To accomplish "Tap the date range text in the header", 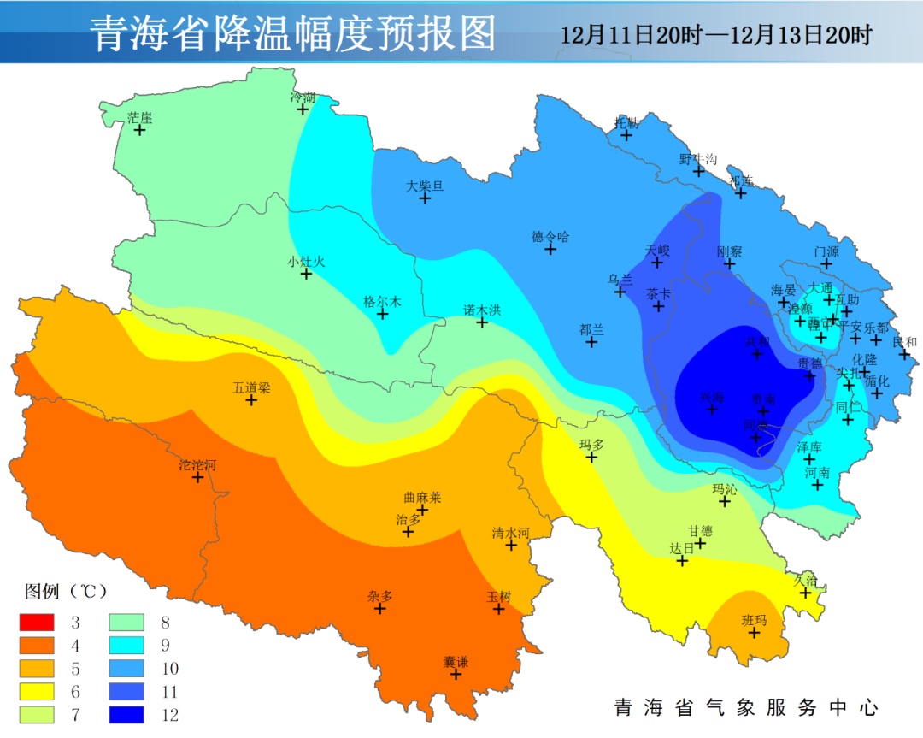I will click(716, 35).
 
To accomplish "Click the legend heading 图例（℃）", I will click(65, 591).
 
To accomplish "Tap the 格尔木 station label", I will click(382, 302).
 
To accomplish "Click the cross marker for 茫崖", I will click(140, 130).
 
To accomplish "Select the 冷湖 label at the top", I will click(303, 97).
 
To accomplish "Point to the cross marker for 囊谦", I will click(456, 674).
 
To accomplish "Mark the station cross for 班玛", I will click(755, 632).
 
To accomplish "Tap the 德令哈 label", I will click(550, 237).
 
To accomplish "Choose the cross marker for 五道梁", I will click(251, 399).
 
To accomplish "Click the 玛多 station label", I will click(591, 446).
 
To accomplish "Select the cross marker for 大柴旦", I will click(425, 198).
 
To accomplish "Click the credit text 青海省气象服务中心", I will click(746, 707).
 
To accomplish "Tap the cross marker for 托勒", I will click(626, 134).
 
